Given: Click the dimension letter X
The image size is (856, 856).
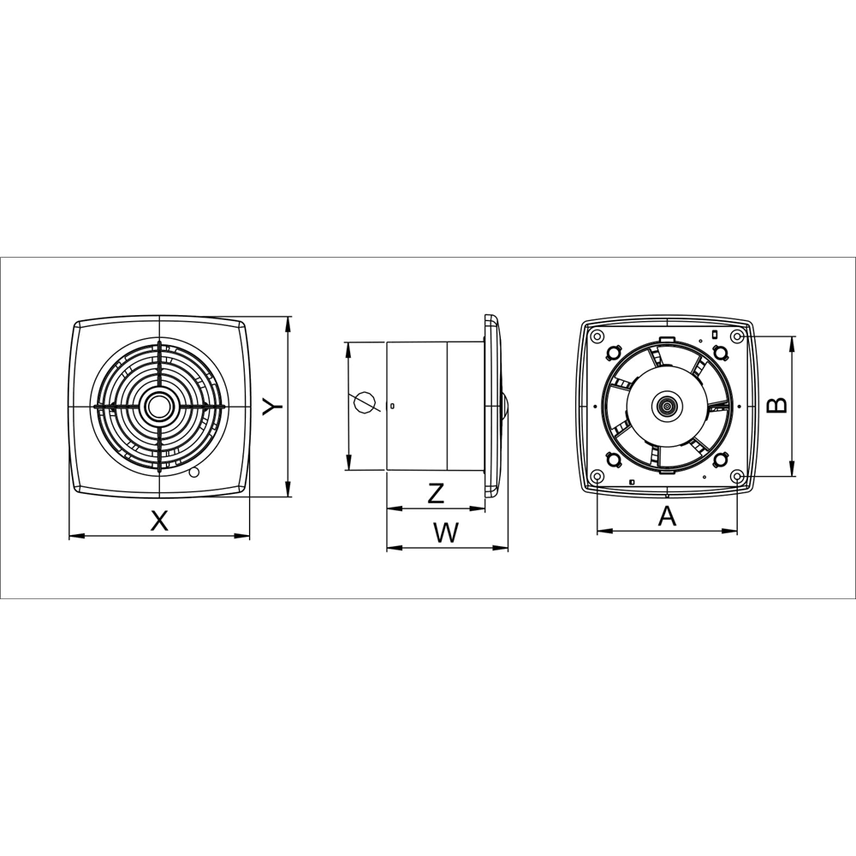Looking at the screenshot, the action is [159, 520].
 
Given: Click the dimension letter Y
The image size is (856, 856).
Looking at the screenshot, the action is [272, 406].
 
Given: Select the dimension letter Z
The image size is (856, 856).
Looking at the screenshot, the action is [436, 494].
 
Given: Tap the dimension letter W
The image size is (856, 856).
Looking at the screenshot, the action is [447, 532].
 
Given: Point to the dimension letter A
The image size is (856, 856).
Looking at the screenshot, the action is [667, 516].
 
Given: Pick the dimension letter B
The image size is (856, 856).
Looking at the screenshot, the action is [777, 405].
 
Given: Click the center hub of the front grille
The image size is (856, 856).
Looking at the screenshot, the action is [159, 406].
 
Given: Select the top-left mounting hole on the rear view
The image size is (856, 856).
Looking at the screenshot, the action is [597, 336].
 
